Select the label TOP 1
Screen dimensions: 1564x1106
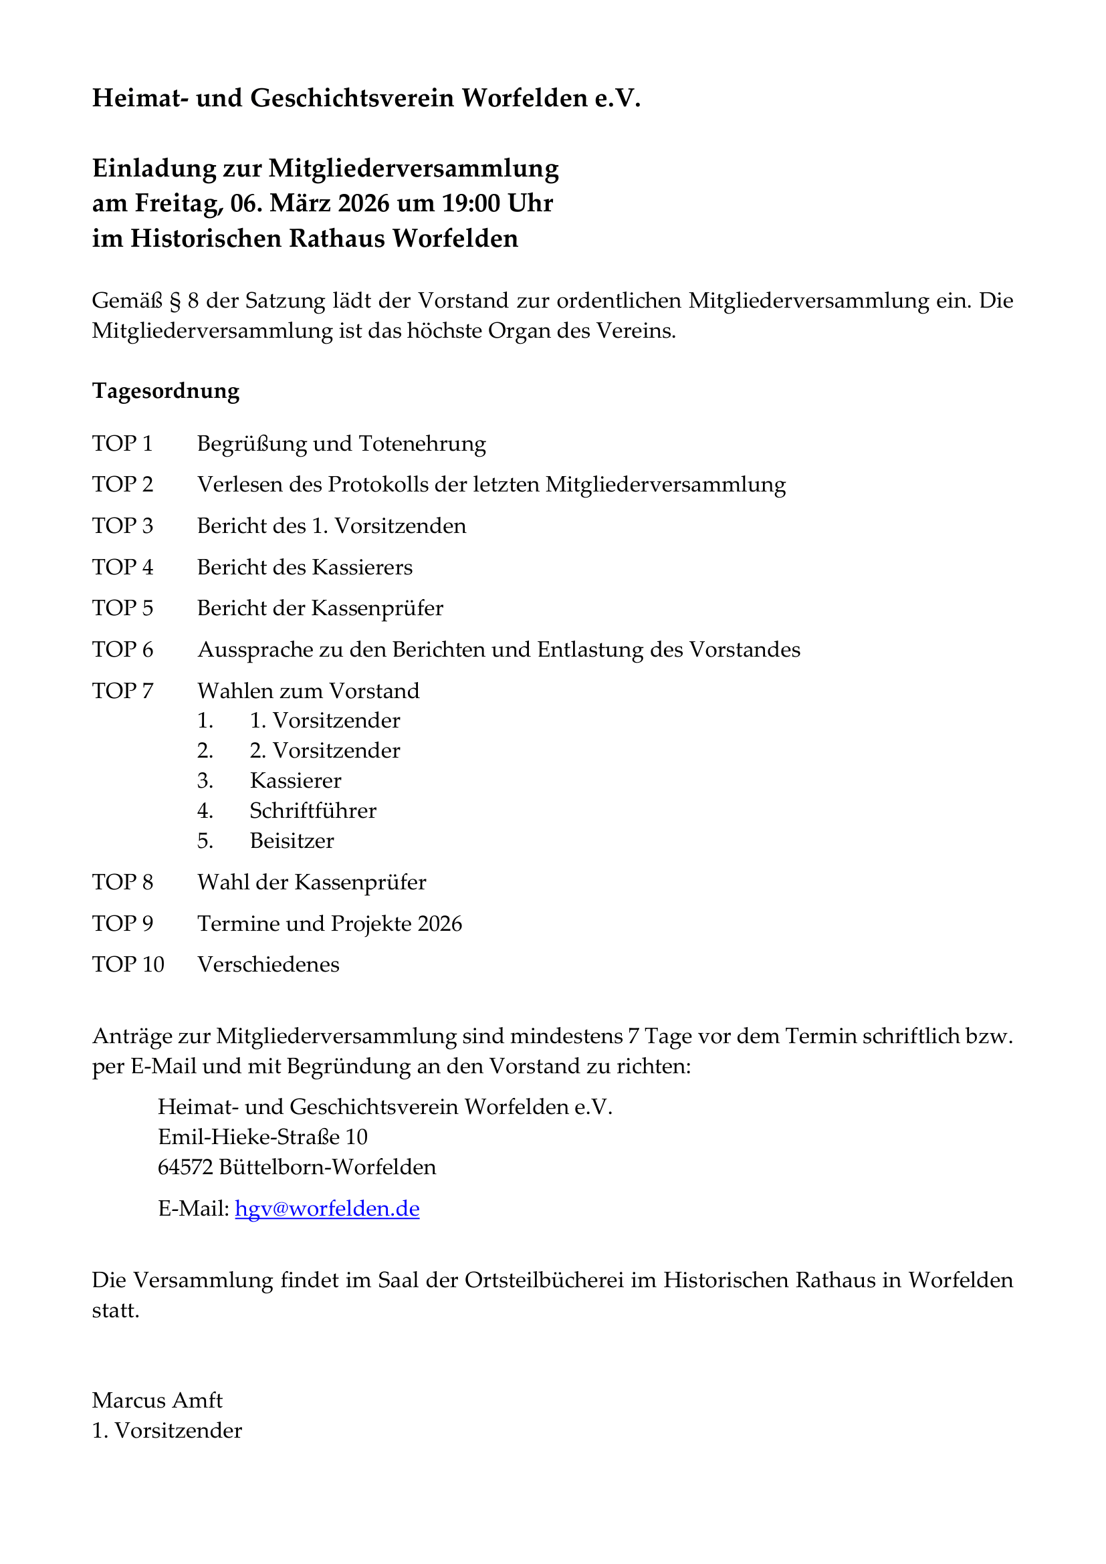pyautogui.click(x=122, y=443)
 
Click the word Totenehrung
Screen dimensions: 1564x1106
pyautogui.click(x=422, y=443)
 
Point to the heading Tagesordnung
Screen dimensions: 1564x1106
pyautogui.click(x=165, y=391)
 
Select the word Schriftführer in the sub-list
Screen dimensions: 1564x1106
pyautogui.click(x=312, y=810)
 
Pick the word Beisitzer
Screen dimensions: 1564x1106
pyautogui.click(x=292, y=841)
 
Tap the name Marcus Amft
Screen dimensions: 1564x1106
pyautogui.click(x=157, y=1400)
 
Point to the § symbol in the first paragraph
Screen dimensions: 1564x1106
pyautogui.click(x=175, y=301)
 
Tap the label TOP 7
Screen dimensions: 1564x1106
pyautogui.click(x=122, y=691)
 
